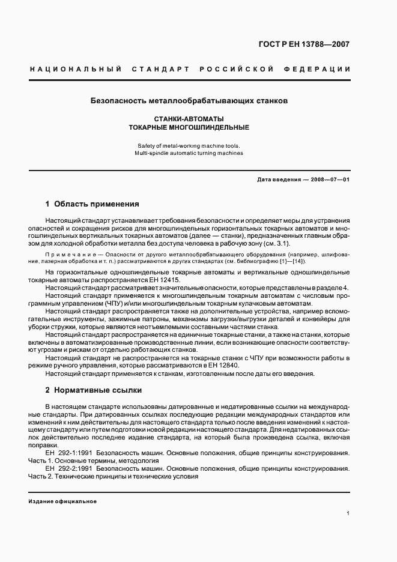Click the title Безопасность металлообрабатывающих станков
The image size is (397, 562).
[189, 101]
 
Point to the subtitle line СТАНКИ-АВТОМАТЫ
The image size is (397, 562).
[189, 119]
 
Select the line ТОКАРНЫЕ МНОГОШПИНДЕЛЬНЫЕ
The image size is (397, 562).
[189, 128]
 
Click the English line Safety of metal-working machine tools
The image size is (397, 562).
[189, 145]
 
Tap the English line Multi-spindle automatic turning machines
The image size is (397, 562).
[189, 153]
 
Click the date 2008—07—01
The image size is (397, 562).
[329, 180]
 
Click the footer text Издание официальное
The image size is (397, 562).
[62, 501]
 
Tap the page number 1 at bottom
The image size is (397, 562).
[348, 513]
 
